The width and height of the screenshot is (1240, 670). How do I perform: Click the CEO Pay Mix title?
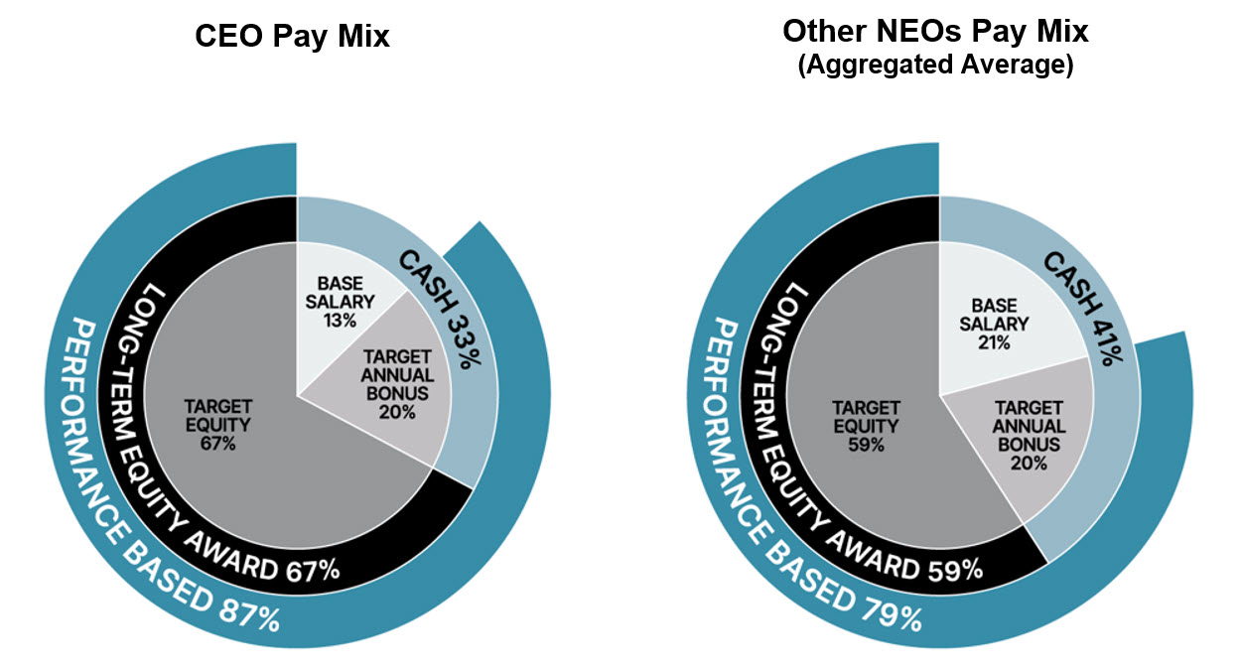(x=292, y=38)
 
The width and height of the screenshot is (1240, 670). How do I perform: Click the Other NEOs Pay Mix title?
(x=935, y=32)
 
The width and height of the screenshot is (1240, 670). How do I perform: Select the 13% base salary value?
(x=340, y=321)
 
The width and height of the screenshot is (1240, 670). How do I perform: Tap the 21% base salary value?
(x=994, y=342)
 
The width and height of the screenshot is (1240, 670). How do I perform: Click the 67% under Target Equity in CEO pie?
(x=217, y=444)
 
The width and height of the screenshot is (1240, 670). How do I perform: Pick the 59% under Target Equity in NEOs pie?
(x=867, y=444)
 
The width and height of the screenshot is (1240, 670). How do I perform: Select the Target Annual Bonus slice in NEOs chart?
(x=1027, y=437)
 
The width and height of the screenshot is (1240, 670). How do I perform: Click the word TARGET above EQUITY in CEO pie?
(x=217, y=408)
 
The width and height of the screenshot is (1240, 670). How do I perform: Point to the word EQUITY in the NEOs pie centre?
(x=867, y=426)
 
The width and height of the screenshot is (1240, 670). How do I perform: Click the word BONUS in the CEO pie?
(x=397, y=393)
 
